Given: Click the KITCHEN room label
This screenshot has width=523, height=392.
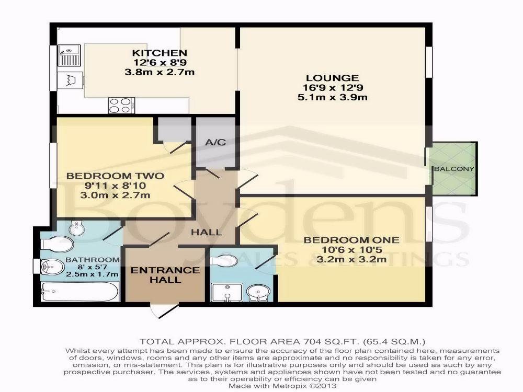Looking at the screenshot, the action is [160, 53].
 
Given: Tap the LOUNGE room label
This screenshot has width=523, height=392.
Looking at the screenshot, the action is [333, 78].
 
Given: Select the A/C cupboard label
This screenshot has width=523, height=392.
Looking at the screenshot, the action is [215, 143].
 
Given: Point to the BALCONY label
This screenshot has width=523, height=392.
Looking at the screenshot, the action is [454, 169].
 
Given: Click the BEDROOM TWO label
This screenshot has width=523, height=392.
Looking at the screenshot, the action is [115, 176].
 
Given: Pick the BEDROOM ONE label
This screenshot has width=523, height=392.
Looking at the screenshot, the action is [351, 240].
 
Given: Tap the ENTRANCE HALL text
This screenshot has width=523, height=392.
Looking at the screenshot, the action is [165, 275].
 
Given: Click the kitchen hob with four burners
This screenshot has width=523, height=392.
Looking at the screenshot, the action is [121, 106].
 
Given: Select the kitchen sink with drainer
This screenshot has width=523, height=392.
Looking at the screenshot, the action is [69, 55].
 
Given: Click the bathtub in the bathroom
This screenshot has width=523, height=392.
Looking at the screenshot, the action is [79, 292].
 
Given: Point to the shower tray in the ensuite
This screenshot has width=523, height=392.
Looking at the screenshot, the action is [227, 293].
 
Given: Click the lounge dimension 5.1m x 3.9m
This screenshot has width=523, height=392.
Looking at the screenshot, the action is [333, 97].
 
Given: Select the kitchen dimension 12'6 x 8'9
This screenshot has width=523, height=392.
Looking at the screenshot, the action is [160, 62].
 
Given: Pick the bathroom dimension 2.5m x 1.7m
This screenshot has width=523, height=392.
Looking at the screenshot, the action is [93, 274].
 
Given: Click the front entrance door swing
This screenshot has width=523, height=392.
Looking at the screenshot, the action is [163, 311].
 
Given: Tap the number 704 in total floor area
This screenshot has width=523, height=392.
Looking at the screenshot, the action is [312, 342].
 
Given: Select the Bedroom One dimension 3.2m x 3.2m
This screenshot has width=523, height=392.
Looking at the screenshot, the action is [351, 259].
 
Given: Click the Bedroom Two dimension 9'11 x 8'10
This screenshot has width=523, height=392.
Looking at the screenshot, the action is [115, 186].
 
